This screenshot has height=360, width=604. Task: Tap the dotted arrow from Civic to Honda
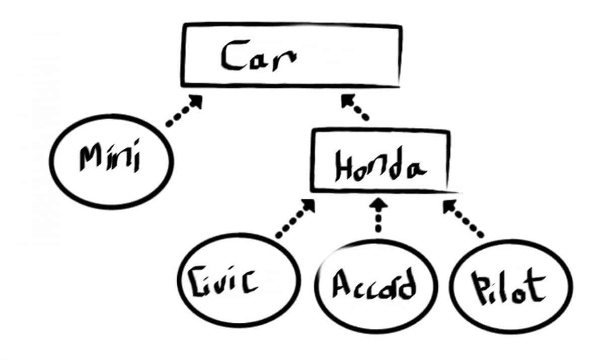coord(294,219)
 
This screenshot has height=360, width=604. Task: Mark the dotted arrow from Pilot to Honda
coord(463,219)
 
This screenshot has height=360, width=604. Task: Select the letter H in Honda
coord(343,167)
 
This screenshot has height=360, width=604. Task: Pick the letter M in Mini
coord(90,158)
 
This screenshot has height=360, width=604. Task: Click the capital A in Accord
coord(341,284)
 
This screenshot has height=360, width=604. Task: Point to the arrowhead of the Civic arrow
coord(308,205)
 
